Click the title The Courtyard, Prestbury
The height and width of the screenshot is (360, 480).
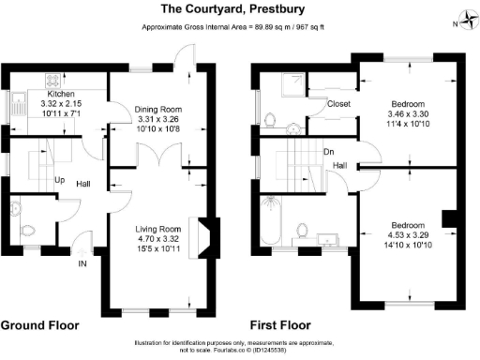[240, 8]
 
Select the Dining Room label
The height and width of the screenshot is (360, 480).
[157, 110]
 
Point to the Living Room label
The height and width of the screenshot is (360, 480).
[157, 229]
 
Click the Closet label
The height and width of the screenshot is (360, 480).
[338, 104]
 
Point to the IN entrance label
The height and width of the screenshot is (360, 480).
[82, 262]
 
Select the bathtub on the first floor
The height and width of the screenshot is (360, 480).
[274, 219]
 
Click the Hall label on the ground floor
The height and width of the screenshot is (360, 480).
[83, 184]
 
